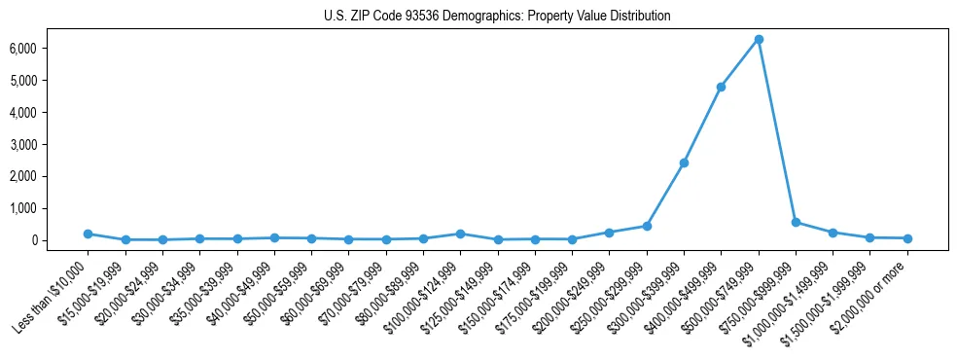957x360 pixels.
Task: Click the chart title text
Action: click(x=496, y=17)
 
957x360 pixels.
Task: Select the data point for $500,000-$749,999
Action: click(x=759, y=39)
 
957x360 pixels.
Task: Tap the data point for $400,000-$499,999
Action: click(x=721, y=87)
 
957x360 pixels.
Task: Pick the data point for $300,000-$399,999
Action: click(x=684, y=162)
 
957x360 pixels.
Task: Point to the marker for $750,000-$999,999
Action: click(x=796, y=222)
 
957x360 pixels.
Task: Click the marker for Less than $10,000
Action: click(x=88, y=234)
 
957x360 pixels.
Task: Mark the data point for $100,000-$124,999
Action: click(x=460, y=234)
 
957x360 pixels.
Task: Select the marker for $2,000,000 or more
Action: click(x=907, y=238)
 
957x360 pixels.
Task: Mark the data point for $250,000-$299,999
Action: click(x=647, y=226)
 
